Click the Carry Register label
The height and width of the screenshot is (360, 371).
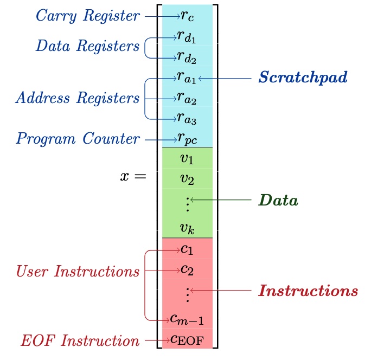pyautogui.click(x=87, y=16)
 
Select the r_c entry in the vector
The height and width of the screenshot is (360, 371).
pyautogui.click(x=187, y=17)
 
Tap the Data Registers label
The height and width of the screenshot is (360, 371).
pyautogui.click(x=87, y=46)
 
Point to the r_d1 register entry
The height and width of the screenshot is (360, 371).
pyautogui.click(x=187, y=36)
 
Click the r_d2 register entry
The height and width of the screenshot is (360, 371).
pyautogui.click(x=187, y=56)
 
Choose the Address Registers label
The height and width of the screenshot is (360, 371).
pyautogui.click(x=77, y=98)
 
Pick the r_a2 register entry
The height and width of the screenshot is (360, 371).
pyautogui.click(x=187, y=98)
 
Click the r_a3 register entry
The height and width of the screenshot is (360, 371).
pyautogui.click(x=187, y=118)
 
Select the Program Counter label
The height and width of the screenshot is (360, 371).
pyautogui.click(x=78, y=139)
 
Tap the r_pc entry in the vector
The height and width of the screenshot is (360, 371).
pyautogui.click(x=187, y=139)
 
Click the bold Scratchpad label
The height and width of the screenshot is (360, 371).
pyautogui.click(x=302, y=78)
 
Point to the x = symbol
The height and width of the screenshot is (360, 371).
pyautogui.click(x=133, y=176)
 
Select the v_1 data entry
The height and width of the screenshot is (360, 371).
pyautogui.click(x=187, y=159)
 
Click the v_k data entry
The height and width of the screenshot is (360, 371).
pyautogui.click(x=187, y=228)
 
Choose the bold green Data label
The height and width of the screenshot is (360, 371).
pyautogui.click(x=278, y=200)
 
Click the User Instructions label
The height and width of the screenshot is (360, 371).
pyautogui.click(x=77, y=271)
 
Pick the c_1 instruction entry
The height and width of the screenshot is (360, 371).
pyautogui.click(x=187, y=249)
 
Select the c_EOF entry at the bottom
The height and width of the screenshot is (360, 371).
pyautogui.click(x=187, y=340)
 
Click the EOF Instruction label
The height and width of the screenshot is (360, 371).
pyautogui.click(x=80, y=341)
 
